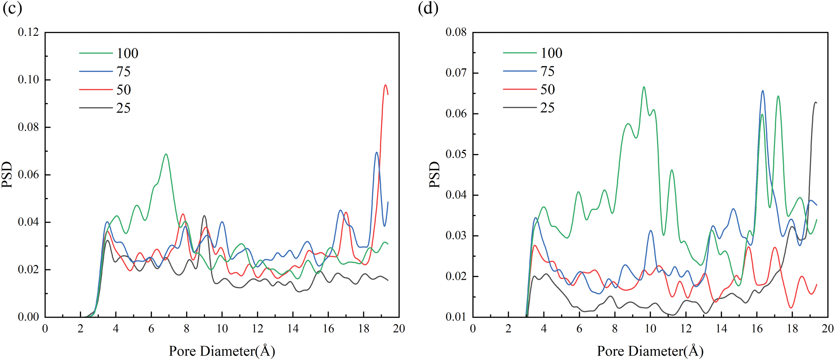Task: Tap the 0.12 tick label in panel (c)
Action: click(28, 32)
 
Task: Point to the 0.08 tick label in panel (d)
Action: click(456, 32)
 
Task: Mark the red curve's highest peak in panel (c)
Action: click(385, 85)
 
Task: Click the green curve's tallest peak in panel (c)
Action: click(166, 154)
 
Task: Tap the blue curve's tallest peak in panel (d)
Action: click(763, 91)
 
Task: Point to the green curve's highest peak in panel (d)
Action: click(644, 87)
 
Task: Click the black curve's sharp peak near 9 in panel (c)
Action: click(204, 216)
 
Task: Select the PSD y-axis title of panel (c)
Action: click(8, 175)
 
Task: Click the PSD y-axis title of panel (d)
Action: click(435, 175)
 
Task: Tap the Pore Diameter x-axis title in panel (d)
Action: click(650, 351)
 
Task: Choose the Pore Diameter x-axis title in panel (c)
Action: click(222, 351)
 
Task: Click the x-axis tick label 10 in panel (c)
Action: click(222, 329)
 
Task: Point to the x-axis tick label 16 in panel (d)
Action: click(757, 329)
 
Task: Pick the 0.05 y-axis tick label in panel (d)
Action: click(456, 154)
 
